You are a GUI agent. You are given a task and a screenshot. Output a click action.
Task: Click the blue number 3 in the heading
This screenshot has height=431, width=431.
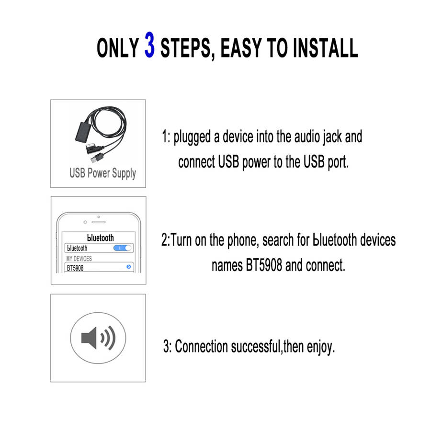click(149, 45)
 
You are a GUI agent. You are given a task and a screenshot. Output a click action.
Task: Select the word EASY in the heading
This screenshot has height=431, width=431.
click(241, 48)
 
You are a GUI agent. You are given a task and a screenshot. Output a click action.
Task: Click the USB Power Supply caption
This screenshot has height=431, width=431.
click(103, 173)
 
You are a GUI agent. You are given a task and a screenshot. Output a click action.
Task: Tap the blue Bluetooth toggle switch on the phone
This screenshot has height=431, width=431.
click(123, 248)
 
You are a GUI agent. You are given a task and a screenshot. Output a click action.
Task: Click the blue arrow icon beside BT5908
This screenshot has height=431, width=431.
click(129, 267)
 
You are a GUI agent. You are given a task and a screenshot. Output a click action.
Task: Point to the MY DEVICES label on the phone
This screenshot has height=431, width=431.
click(79, 259)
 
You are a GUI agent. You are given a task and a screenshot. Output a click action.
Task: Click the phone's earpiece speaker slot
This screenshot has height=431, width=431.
click(98, 222)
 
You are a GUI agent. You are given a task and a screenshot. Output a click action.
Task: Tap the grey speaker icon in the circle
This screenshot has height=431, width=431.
click(98, 338)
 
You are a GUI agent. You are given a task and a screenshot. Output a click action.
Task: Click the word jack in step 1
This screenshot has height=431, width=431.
click(332, 137)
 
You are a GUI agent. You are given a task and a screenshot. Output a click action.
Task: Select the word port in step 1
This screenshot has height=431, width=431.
click(338, 162)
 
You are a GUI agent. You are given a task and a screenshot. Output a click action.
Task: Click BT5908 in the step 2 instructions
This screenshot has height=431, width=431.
click(263, 265)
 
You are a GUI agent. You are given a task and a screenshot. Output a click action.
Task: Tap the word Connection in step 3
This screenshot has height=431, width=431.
click(201, 346)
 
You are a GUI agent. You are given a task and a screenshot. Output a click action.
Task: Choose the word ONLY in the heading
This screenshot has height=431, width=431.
click(118, 48)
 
